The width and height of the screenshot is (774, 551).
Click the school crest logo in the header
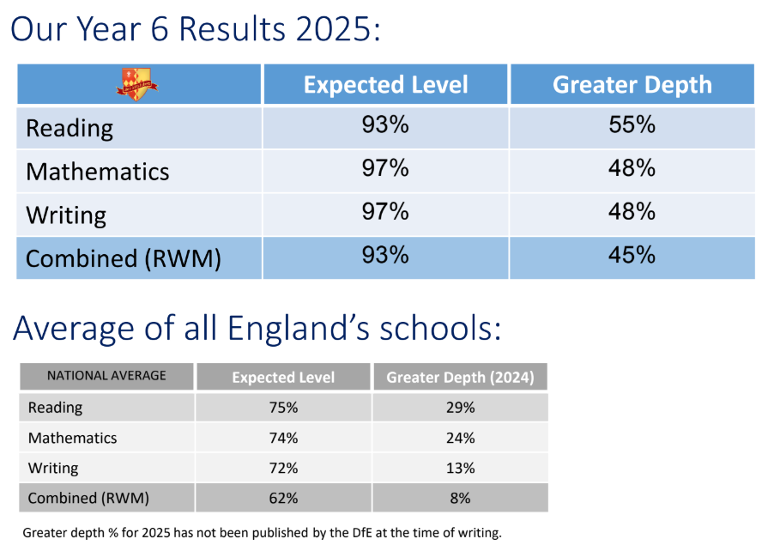138,85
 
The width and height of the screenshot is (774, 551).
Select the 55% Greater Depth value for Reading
632,125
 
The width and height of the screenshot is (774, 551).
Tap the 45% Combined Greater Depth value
632,256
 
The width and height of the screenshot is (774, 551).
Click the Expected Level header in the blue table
385,85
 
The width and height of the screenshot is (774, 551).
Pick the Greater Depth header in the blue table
632,85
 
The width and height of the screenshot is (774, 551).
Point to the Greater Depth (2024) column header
460,377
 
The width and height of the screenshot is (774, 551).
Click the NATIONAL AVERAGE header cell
106,376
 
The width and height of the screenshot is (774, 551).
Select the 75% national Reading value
283,408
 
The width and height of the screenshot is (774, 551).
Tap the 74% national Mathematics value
283,438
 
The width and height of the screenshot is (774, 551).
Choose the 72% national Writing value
283,468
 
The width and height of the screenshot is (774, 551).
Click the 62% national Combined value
283,498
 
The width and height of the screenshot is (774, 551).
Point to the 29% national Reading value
460,408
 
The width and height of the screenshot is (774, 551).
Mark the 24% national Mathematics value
460,438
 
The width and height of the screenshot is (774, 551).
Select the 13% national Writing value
460,468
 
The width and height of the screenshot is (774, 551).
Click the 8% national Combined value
460,498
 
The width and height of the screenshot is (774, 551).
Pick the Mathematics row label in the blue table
98,171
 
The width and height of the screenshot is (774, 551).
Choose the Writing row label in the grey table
53,469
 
